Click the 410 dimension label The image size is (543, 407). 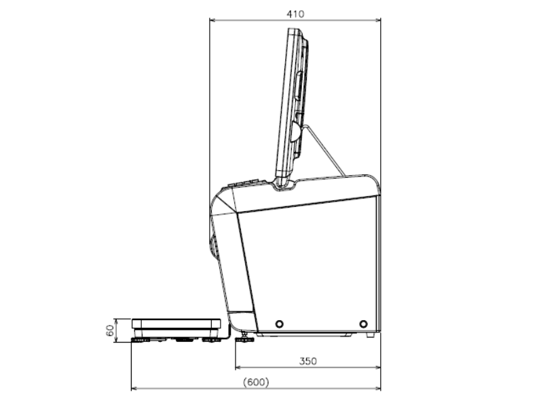(x=295, y=14)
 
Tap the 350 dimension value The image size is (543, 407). (x=308, y=362)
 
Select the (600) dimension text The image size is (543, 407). (x=256, y=382)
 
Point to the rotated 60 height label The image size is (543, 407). (x=110, y=330)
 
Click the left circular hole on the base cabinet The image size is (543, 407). (x=279, y=324)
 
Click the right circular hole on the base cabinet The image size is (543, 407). (x=363, y=324)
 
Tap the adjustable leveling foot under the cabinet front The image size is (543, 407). (x=244, y=338)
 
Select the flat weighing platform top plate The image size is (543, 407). (x=176, y=324)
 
